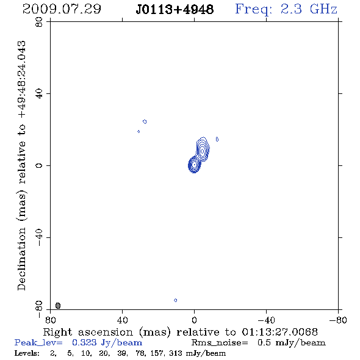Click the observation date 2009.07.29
62,9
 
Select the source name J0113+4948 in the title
175,10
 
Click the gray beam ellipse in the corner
58,305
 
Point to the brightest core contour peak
195,164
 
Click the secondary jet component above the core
203,149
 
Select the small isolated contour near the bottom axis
175,300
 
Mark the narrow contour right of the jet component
217,139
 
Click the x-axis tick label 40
122,320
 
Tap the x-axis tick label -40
266,320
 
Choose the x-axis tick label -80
338,320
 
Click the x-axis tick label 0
194,320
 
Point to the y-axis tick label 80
39,22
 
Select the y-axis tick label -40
39,237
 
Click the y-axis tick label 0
39,165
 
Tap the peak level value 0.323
84,342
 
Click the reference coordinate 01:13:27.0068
279,332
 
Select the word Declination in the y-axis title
21,259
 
